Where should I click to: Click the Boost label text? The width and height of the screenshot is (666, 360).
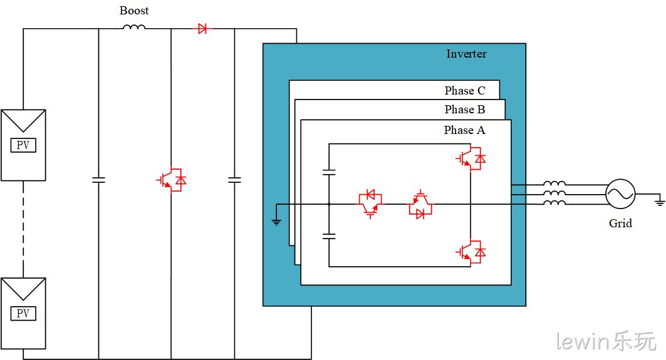coord(134,11)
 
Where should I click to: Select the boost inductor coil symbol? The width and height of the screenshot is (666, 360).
coord(134,27)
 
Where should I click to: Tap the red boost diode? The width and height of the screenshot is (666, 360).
coord(202,29)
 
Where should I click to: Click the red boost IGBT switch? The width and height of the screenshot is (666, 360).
coord(172,180)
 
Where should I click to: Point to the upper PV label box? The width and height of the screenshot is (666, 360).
coord(23,145)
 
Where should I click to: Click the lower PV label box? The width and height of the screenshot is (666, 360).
coord(23,313)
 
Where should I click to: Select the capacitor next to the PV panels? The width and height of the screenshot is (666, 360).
coord(98,180)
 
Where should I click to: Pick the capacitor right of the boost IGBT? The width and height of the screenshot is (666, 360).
coord(234,180)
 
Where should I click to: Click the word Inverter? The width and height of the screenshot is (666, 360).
coord(466,54)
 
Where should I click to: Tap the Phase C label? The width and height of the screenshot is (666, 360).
coord(465,90)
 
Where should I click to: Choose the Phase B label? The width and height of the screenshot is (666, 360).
coord(465,110)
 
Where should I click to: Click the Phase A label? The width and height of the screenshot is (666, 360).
coord(464,130)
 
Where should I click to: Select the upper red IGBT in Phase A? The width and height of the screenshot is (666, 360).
coord(471,158)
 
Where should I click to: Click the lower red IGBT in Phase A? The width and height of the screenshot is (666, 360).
coord(471,252)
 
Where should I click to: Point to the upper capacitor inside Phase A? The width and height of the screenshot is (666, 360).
coord(329,172)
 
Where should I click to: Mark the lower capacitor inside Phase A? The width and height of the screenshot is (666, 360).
coord(329,236)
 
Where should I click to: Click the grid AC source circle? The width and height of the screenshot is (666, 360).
coord(620,194)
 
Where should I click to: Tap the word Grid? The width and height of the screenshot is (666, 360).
coord(620,224)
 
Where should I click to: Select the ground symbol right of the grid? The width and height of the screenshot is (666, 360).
coord(659,201)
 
